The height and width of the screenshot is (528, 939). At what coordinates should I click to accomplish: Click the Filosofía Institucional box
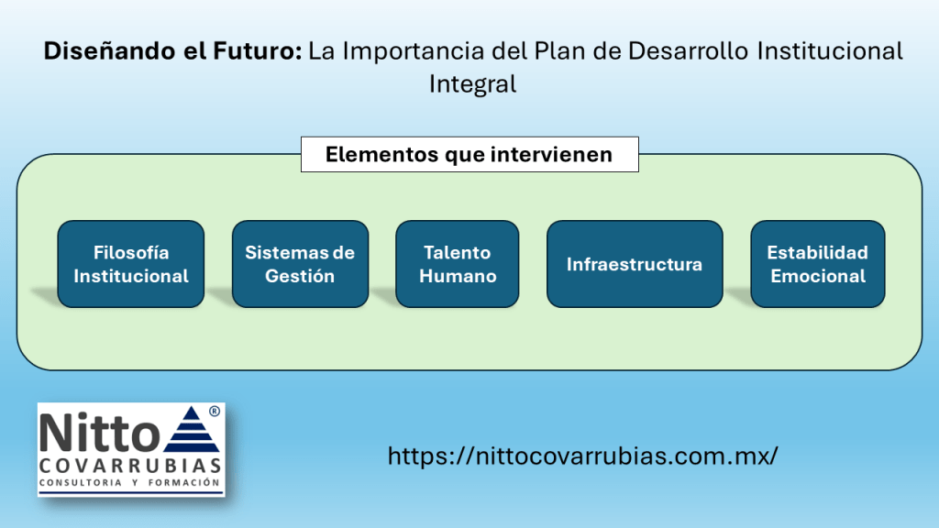(x=130, y=264)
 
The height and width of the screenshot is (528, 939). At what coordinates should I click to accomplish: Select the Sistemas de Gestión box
(x=300, y=264)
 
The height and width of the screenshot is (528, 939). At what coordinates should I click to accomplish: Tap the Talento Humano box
(x=457, y=264)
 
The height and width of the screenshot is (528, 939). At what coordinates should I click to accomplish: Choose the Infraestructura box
(x=635, y=264)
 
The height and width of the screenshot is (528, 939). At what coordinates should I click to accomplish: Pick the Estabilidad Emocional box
(x=817, y=264)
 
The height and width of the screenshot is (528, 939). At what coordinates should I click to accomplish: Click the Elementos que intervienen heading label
(x=469, y=154)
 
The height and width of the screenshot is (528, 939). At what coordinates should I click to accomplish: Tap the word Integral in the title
(x=472, y=83)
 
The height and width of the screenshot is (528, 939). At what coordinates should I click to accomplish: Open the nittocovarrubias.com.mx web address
(x=582, y=456)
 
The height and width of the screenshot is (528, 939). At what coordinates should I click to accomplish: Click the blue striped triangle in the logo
(x=191, y=429)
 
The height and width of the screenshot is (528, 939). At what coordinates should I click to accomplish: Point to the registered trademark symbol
(x=215, y=412)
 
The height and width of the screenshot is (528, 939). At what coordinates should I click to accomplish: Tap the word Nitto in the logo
(x=99, y=433)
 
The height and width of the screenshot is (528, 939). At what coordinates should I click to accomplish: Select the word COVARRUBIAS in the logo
(x=130, y=466)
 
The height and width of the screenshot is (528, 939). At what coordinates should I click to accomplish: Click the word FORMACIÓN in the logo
(x=183, y=482)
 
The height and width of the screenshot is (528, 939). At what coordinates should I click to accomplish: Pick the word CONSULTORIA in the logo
(x=81, y=482)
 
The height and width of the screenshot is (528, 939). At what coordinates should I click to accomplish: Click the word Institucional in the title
(x=830, y=51)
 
